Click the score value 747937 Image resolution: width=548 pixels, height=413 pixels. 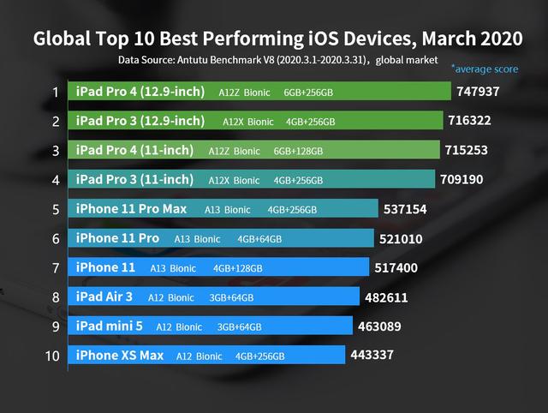(478, 92)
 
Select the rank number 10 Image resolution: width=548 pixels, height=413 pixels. (52, 356)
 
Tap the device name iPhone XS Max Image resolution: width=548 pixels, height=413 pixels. (120, 356)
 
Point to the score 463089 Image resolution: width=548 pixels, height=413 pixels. (379, 326)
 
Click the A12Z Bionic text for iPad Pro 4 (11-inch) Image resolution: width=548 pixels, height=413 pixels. (234, 151)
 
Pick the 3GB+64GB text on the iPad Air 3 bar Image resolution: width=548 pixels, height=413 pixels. (231, 297)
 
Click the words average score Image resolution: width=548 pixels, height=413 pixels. (485, 69)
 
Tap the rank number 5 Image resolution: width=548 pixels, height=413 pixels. (56, 209)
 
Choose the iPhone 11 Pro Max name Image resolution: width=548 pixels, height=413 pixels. (131, 209)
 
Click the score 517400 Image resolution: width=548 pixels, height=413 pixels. (396, 268)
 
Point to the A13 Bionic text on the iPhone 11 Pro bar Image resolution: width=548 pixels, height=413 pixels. (197, 239)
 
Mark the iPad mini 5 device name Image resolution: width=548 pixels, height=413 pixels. (110, 326)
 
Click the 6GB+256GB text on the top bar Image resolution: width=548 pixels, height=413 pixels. (308, 93)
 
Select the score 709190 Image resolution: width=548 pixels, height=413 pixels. (462, 179)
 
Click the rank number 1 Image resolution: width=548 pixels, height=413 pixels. (56, 93)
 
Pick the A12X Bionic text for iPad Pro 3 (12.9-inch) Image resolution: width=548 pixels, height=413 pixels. (248, 122)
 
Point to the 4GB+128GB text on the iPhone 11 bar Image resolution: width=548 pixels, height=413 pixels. (238, 268)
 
